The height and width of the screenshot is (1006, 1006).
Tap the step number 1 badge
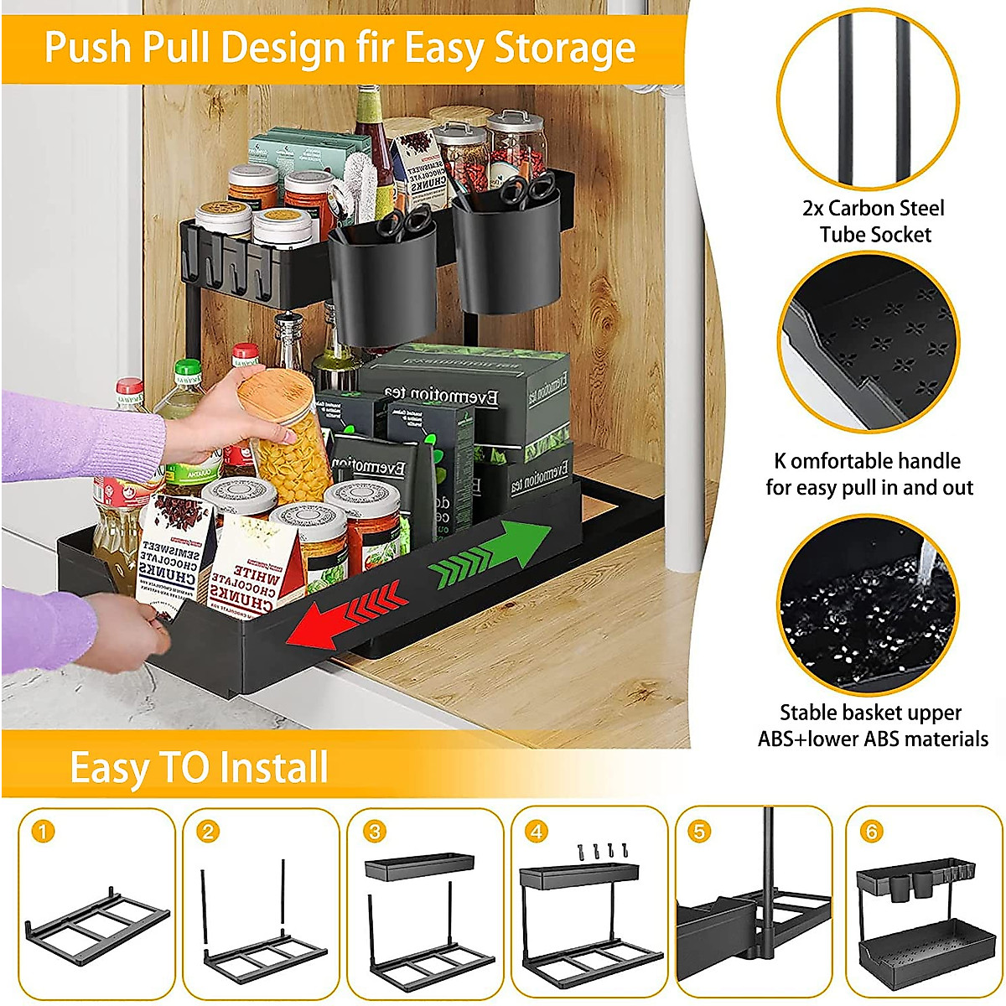coord(44,832)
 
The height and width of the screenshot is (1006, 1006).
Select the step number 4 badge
coord(537,832)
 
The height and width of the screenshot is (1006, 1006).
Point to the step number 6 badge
coord(872,832)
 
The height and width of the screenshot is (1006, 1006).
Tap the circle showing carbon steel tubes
coord(868,101)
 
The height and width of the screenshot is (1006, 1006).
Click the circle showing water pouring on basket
coord(868,604)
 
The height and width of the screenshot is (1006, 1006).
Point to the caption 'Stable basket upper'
coord(870,713)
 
